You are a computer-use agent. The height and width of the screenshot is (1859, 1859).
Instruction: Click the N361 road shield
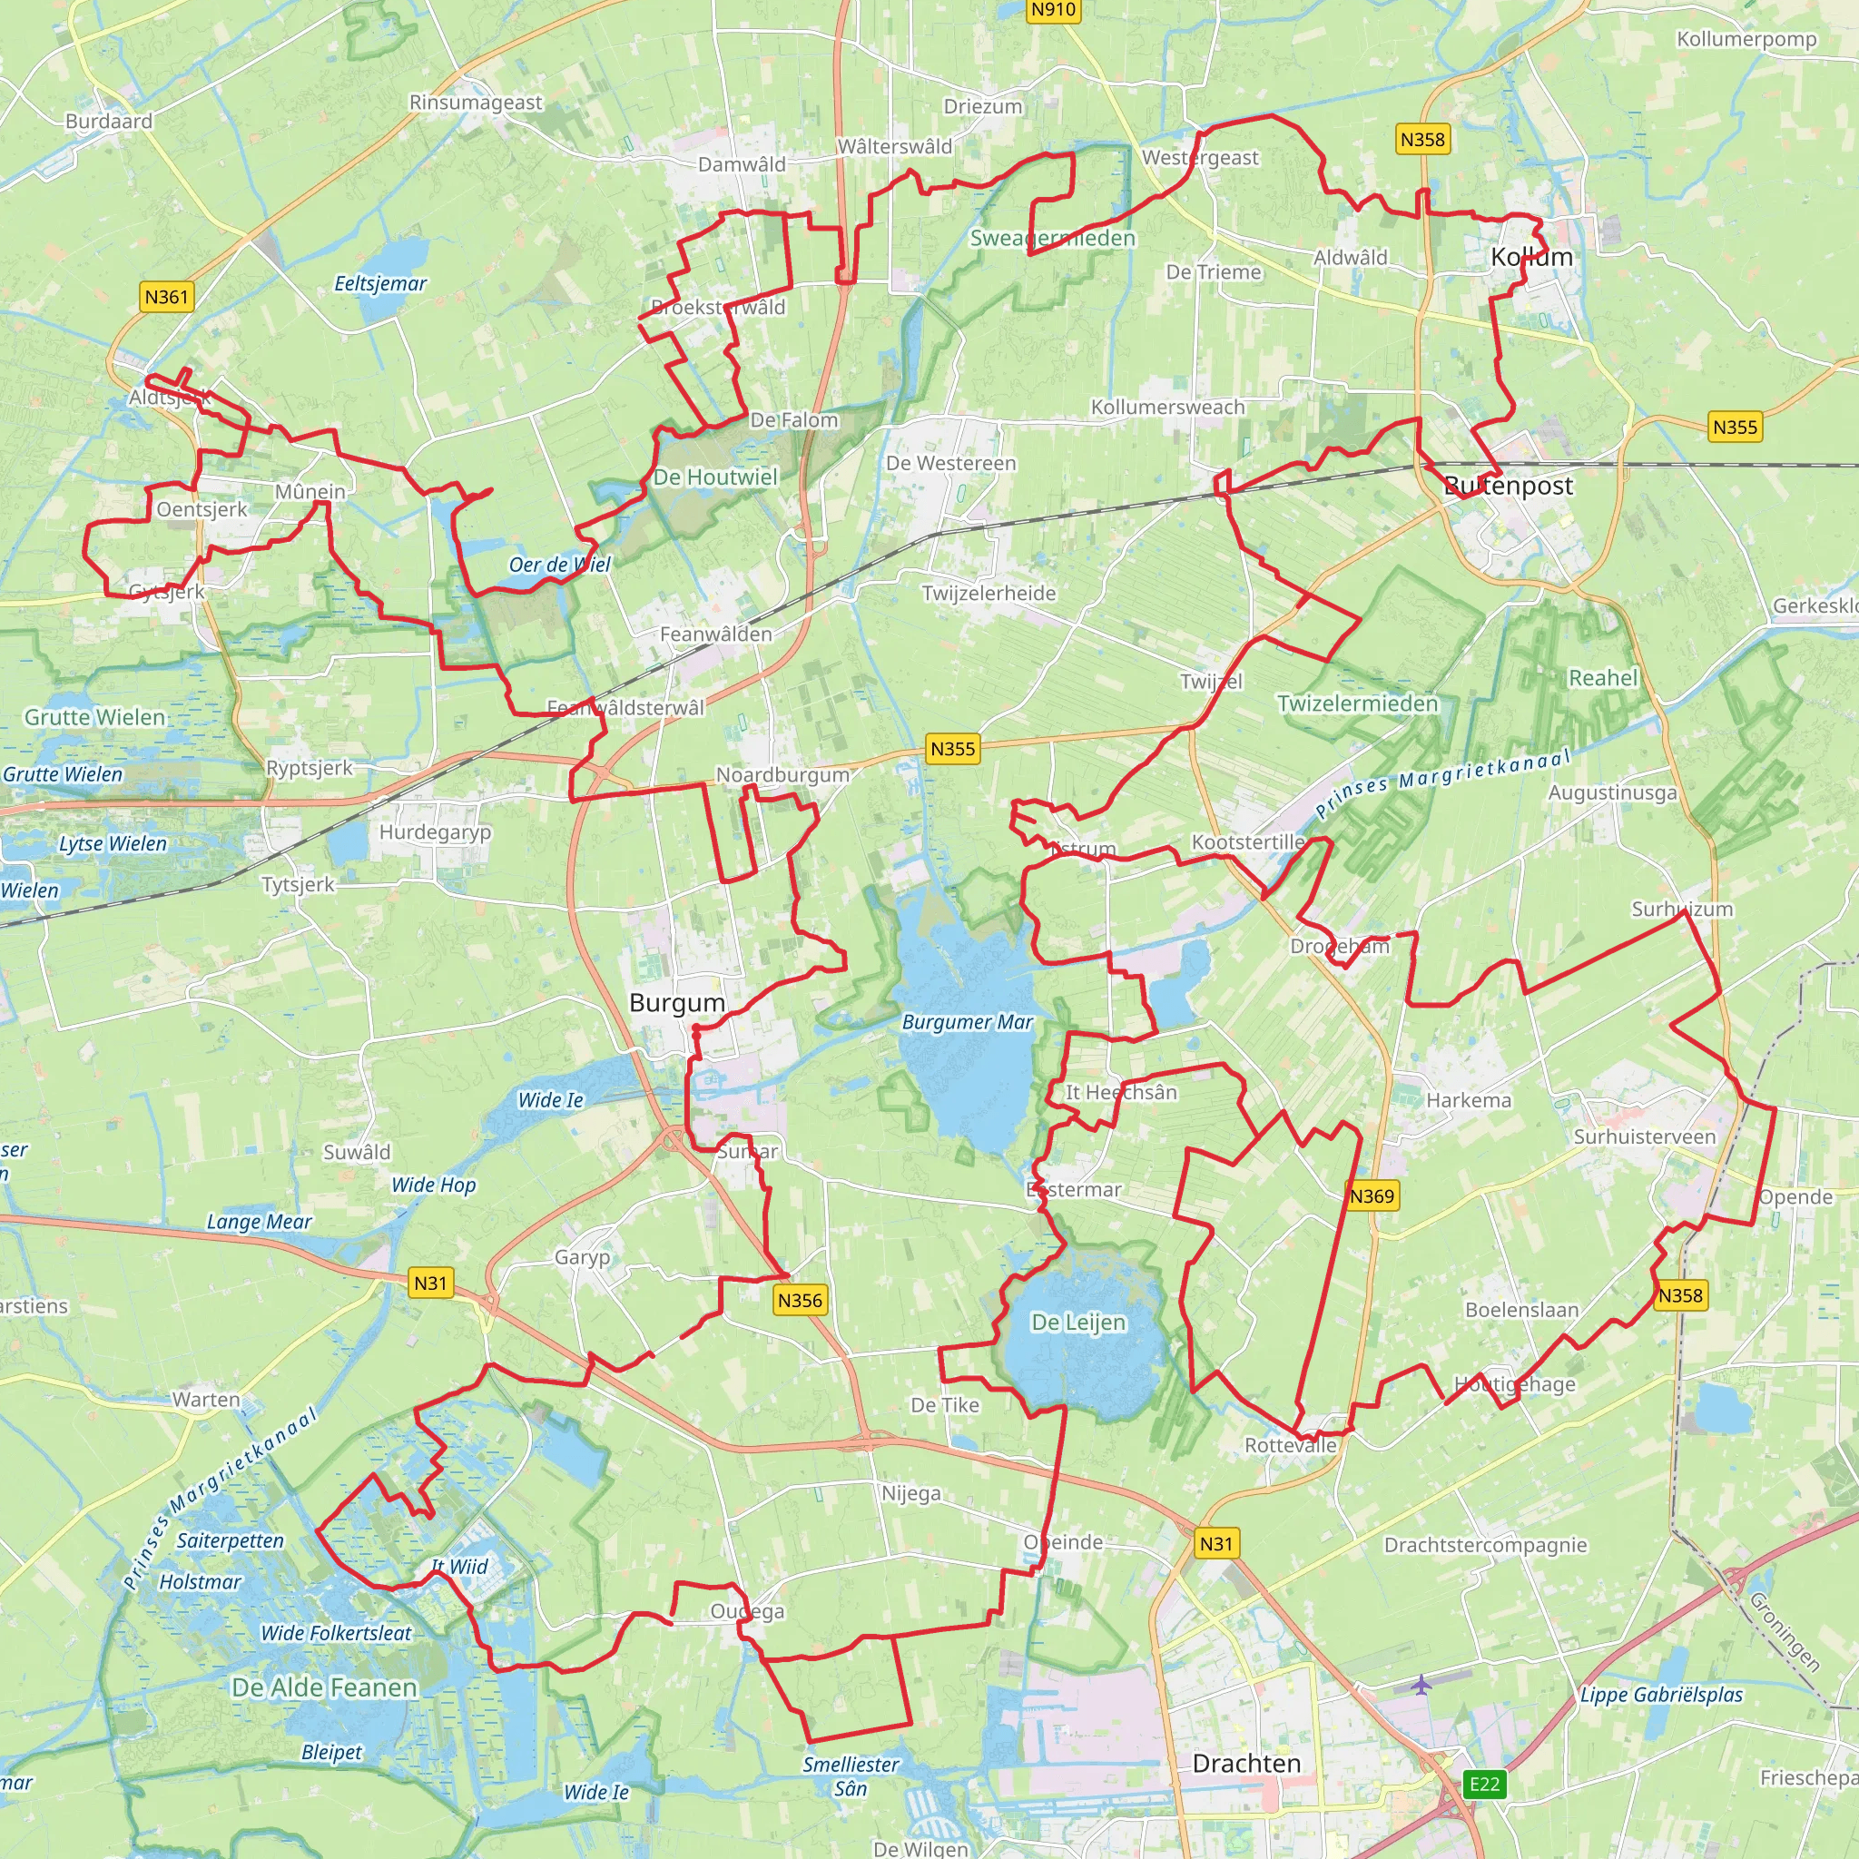point(166,296)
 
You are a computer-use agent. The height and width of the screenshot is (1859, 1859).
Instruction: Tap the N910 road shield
point(1053,10)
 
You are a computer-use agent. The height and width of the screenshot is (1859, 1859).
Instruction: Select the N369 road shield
point(1372,1196)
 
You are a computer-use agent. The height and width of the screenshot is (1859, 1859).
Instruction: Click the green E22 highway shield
point(1484,1784)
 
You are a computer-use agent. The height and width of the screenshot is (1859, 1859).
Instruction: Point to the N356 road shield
point(800,1301)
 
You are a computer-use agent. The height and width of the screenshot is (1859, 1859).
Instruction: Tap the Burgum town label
point(676,1003)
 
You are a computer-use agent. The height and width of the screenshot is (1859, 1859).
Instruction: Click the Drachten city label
point(1246,1763)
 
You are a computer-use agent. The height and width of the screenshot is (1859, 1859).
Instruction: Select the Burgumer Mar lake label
point(967,1022)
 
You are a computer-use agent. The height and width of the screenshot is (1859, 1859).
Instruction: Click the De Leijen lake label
point(1077,1322)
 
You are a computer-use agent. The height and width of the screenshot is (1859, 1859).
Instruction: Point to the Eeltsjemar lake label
point(380,283)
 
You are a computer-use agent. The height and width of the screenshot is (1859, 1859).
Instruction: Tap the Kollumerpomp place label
point(1746,39)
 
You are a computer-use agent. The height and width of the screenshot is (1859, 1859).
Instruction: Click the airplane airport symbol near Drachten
point(1421,1685)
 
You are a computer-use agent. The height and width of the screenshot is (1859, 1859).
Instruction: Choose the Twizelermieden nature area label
point(1357,703)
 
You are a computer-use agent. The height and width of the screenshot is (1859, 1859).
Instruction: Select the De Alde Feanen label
point(324,1687)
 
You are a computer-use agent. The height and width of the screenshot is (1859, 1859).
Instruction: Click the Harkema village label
point(1469,1100)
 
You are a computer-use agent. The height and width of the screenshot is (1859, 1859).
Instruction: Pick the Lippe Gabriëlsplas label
point(1661,1695)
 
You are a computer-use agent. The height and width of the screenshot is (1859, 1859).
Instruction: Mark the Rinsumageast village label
point(476,102)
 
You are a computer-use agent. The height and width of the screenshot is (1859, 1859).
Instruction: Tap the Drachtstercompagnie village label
point(1485,1544)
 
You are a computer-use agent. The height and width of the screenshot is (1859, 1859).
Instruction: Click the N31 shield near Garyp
point(430,1283)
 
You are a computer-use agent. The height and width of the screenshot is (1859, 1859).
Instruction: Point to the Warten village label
point(206,1399)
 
